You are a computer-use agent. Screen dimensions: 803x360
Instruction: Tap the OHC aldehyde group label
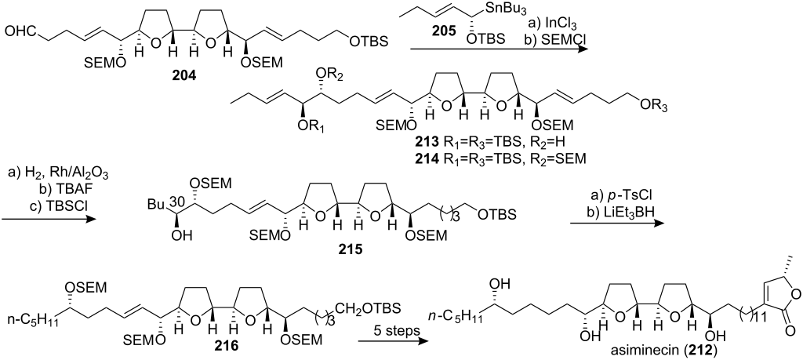(x=22, y=33)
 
